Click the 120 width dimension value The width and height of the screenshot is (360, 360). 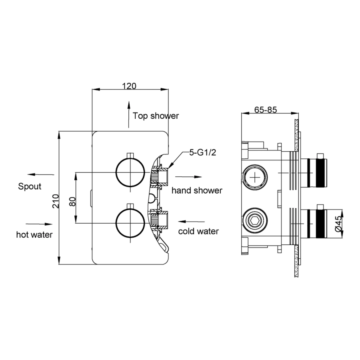[x=129, y=86]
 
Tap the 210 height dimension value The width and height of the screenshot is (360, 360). [x=56, y=201]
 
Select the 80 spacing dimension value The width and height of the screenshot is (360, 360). [x=72, y=202]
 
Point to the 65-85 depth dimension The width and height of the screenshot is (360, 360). [x=266, y=110]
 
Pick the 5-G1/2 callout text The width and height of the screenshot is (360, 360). [x=202, y=152]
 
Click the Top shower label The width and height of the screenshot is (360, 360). [x=156, y=116]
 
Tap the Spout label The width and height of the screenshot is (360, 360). [x=30, y=186]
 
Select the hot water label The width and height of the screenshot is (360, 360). [x=34, y=235]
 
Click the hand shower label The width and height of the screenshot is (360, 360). [x=197, y=190]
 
